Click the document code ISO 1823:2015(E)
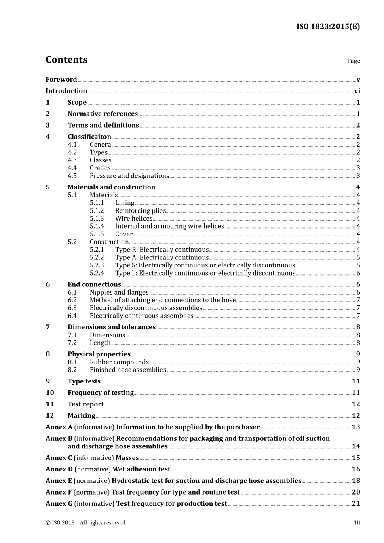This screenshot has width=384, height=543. click(328, 27)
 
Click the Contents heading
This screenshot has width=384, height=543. click(66, 60)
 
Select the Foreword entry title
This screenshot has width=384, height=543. click(61, 80)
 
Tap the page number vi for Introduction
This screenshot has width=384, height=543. click(357, 91)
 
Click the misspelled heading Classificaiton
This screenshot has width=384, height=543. click(89, 137)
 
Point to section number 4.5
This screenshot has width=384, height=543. click(72, 176)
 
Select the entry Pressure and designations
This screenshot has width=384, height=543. click(129, 176)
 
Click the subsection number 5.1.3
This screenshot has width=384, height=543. click(97, 219)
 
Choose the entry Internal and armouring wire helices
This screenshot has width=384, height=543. click(169, 226)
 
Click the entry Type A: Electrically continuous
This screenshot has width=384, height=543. click(162, 257)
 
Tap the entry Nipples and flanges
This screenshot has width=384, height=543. click(119, 292)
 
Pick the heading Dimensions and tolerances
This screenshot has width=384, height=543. click(111, 327)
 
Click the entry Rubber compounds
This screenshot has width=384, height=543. click(119, 362)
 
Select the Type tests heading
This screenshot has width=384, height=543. click(84, 381)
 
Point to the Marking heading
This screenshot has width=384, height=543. click(81, 416)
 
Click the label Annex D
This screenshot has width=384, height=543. click(59, 469)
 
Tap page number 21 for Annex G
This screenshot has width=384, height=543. click(356, 504)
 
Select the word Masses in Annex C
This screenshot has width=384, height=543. click(127, 458)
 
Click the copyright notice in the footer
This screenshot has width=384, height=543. click(85, 523)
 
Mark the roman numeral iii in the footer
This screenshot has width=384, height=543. click(357, 522)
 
